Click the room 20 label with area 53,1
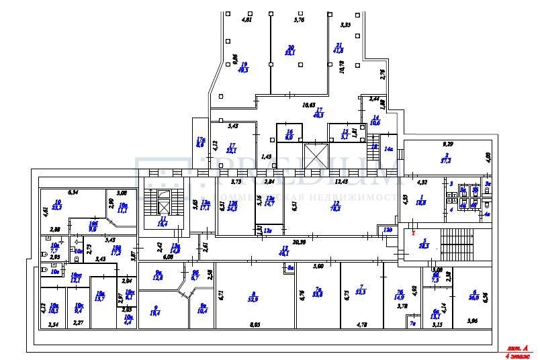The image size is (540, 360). coord(290,49)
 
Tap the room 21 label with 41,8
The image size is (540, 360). coord(338,48)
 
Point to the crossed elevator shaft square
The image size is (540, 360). coord(314,156)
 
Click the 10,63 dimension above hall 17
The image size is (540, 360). coord(309,105)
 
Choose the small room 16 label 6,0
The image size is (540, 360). coord(289,134)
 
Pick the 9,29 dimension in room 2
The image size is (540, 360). coord(447,144)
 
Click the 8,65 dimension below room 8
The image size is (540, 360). coord(255,324)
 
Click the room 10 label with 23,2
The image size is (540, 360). coord(58,205)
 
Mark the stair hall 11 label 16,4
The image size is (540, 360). coord(162,222)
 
